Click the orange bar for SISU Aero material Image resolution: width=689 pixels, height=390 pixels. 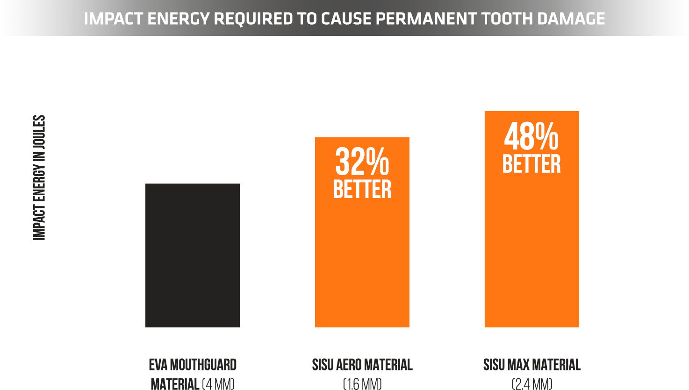pos(362,262)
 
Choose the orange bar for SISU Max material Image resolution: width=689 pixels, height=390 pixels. pos(532,252)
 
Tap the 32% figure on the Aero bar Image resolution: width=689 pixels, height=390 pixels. pos(362,162)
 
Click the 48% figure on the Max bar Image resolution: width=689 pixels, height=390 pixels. pos(531,136)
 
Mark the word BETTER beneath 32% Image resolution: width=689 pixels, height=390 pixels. pos(362,189)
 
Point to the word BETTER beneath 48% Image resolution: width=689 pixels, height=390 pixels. pos(531,164)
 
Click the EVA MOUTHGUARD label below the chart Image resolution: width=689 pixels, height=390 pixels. pos(193,365)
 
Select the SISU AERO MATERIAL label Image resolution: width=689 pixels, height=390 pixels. pos(362,365)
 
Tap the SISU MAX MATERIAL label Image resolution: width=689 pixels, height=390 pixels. pos(532,365)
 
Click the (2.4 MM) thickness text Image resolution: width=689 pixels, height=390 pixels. pos(532,384)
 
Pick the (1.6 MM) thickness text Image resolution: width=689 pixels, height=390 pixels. pos(362,384)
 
